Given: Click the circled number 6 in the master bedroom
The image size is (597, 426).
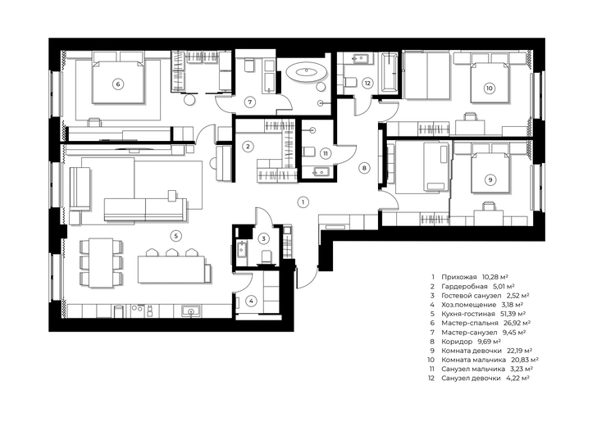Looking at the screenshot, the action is (118, 84).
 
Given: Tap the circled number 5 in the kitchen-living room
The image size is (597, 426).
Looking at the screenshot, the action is (175, 236).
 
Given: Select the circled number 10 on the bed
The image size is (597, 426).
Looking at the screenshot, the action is (489, 88).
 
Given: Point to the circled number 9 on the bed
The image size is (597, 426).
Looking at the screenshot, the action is (490, 179).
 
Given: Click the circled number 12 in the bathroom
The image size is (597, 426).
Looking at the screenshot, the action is (367, 84).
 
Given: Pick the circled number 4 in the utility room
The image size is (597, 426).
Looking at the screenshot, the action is (251, 301).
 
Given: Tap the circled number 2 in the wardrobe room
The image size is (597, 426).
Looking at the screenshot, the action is (248, 147).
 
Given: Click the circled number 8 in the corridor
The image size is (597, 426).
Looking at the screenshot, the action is (364, 168).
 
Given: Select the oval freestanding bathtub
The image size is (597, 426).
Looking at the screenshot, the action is (306, 71).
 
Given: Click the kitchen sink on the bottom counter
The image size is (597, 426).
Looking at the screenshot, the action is (190, 311).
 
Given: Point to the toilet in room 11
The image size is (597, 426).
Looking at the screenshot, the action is (308, 152).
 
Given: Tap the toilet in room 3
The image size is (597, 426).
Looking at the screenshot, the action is (267, 256).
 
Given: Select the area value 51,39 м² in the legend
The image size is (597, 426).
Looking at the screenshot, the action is (512, 314).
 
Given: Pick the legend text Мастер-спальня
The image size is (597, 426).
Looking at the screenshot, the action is (470, 323).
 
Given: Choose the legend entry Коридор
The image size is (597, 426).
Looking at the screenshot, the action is (457, 341).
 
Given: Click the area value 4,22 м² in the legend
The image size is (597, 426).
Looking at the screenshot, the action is (517, 378).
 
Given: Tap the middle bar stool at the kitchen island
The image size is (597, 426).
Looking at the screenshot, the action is (171, 252).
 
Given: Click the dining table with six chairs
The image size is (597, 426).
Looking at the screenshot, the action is (102, 263).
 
